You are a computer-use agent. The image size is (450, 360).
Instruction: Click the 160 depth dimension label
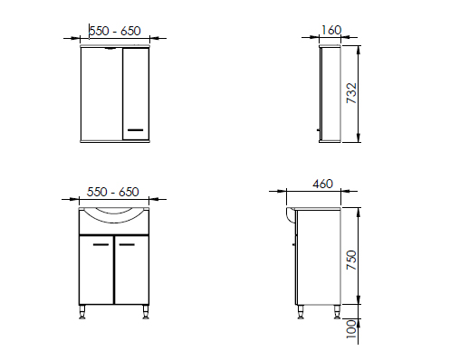(x=330, y=30)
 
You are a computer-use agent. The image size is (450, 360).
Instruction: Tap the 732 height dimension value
(x=351, y=93)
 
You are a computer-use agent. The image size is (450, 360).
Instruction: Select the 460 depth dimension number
(x=322, y=184)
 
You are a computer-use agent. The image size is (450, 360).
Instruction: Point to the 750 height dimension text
(x=351, y=260)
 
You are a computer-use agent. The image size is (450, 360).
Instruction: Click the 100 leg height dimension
(x=351, y=329)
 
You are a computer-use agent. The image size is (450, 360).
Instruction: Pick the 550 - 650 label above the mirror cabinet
(x=115, y=31)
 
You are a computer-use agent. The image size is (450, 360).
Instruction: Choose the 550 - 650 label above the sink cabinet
(x=113, y=192)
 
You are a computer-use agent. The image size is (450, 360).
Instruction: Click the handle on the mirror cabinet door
(x=136, y=130)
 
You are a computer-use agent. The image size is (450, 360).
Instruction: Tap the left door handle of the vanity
(x=101, y=244)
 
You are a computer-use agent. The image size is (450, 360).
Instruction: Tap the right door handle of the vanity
(x=127, y=244)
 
